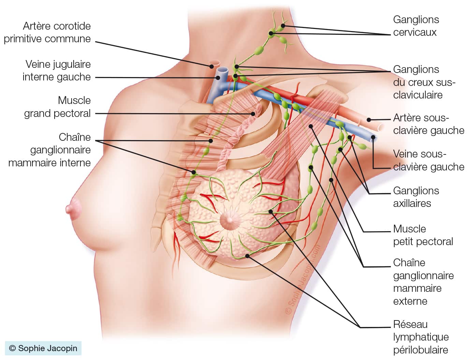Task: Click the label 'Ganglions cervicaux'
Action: tap(416, 26)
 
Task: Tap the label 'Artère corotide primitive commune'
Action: tap(47, 32)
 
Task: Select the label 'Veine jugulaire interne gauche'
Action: tap(57, 71)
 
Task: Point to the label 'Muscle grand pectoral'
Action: tap(57, 107)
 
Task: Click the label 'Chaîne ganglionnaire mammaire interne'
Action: tap(50, 150)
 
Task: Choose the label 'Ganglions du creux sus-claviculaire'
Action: tap(424, 82)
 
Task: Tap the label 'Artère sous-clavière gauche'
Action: tap(428, 124)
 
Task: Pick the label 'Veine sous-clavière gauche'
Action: tap(428, 160)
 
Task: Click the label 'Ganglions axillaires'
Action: tap(416, 197)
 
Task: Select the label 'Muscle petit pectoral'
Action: tap(423, 235)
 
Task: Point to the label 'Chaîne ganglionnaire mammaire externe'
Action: tap(423, 282)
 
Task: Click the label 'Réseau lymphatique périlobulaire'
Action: tap(421, 337)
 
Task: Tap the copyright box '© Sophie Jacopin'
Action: tap(43, 348)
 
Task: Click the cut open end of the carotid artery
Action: tap(215, 64)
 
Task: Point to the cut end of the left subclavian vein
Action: tap(374, 139)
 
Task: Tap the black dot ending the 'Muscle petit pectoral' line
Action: tap(311, 126)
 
